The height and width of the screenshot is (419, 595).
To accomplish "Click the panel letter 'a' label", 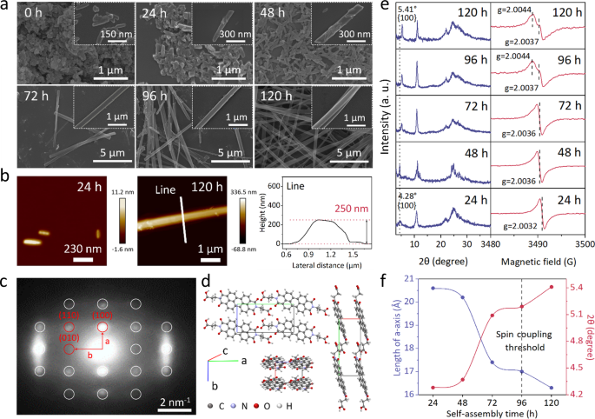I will pos(7,7).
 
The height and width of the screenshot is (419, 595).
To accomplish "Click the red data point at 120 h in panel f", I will pos(551,288).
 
